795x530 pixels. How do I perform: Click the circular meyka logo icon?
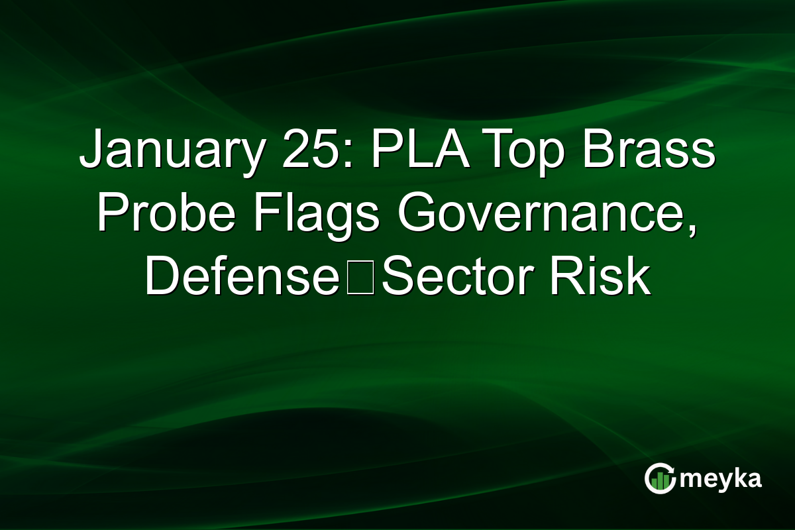click(660, 478)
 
